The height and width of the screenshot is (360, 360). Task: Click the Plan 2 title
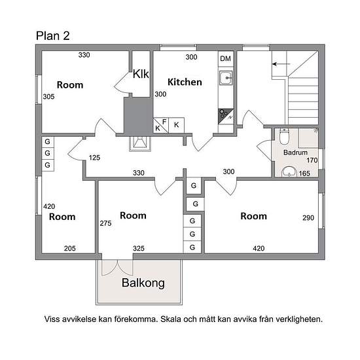coord(52,36)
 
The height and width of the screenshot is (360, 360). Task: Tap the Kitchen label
coord(185,82)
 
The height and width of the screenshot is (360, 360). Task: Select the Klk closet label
coord(141,74)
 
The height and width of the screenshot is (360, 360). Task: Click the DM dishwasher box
coord(225,59)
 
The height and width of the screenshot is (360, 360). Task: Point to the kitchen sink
coord(226,78)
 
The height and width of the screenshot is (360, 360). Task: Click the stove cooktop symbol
coord(226,117)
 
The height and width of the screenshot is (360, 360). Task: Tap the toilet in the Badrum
coord(284,136)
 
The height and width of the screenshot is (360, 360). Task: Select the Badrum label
coord(295,153)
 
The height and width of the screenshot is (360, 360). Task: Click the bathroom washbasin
coord(289,171)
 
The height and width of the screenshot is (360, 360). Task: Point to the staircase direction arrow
coord(281,64)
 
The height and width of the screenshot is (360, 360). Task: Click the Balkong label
coord(143,283)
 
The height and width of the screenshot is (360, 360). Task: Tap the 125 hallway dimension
coord(94,158)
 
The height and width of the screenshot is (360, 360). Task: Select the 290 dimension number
coord(308,218)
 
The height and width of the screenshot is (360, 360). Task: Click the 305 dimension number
coord(48,97)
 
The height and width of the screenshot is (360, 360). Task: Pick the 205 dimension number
coord(70,249)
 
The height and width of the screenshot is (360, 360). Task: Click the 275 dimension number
coord(105,223)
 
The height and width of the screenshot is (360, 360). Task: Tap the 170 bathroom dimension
coord(312,160)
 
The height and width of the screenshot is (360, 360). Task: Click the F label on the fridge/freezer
coord(164,122)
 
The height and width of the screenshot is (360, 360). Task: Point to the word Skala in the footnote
coord(170,319)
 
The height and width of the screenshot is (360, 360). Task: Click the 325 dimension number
coord(139,249)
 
